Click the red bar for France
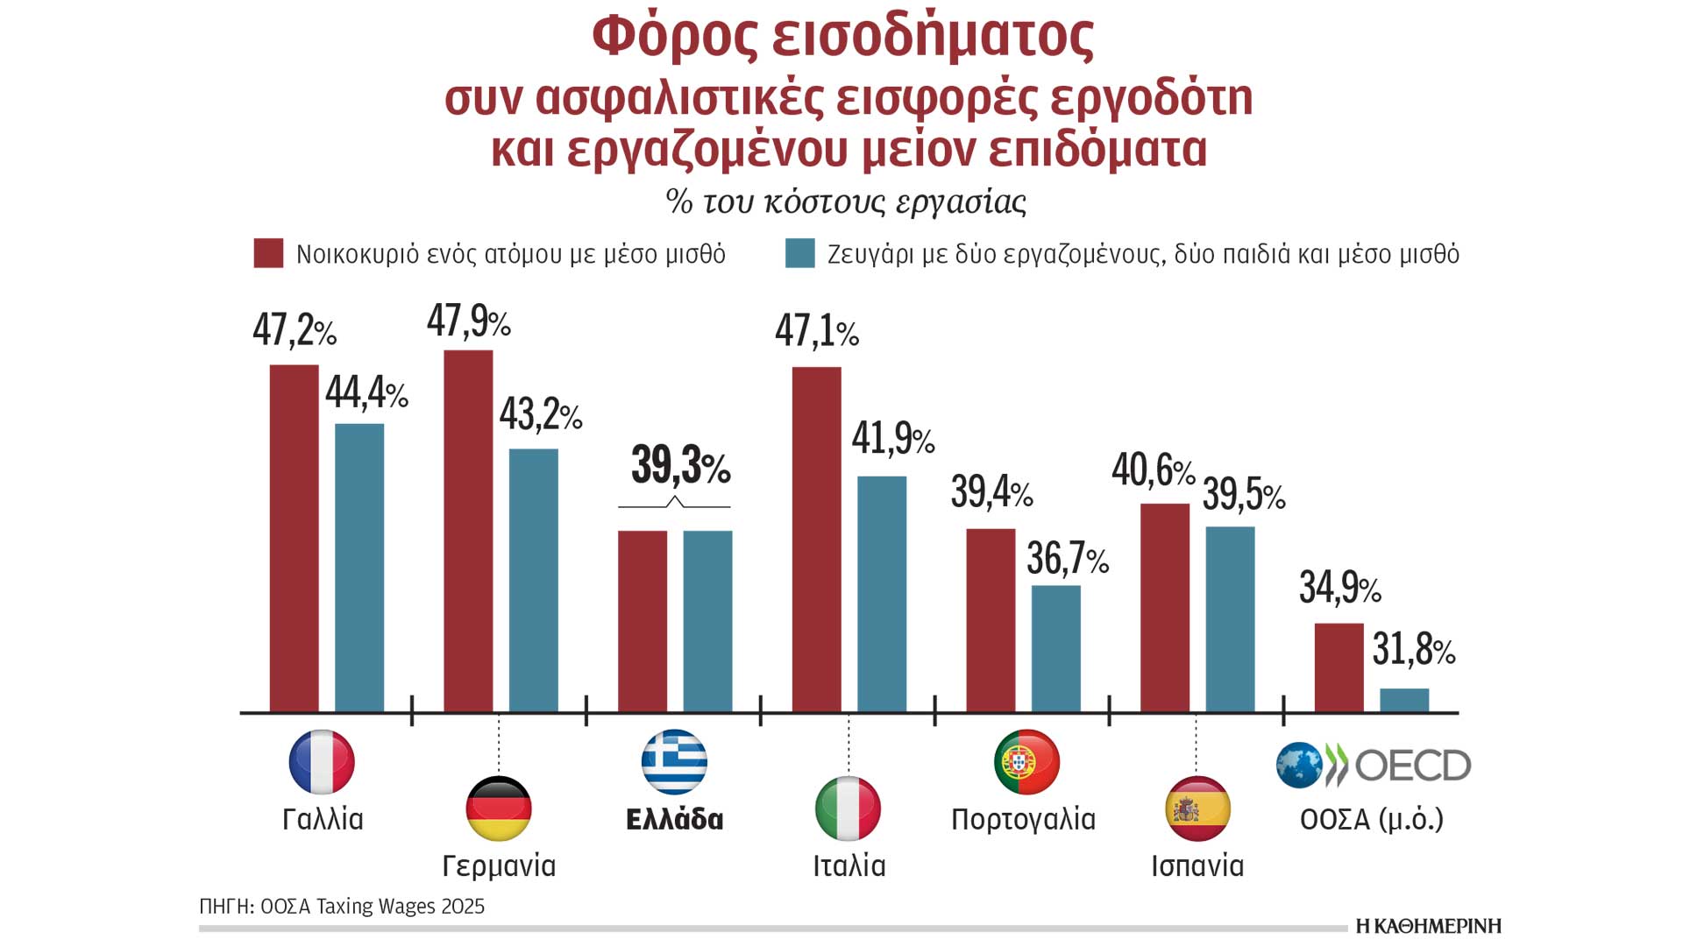point(294,538)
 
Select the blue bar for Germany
point(533,580)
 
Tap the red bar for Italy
point(816,539)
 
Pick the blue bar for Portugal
point(1055,648)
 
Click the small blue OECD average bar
point(1403,700)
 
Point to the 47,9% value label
point(468,321)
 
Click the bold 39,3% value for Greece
point(680,465)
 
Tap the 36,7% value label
point(1067,559)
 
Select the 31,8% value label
point(1413,650)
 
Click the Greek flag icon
point(674,761)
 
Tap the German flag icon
point(498,808)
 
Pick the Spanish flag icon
point(1197,808)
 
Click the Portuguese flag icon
point(1026,761)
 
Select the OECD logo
point(1374,766)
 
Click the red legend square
point(268,253)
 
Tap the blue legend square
point(799,253)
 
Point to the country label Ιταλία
point(849,865)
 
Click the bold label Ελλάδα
point(674,819)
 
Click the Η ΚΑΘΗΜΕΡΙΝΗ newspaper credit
point(1428,926)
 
